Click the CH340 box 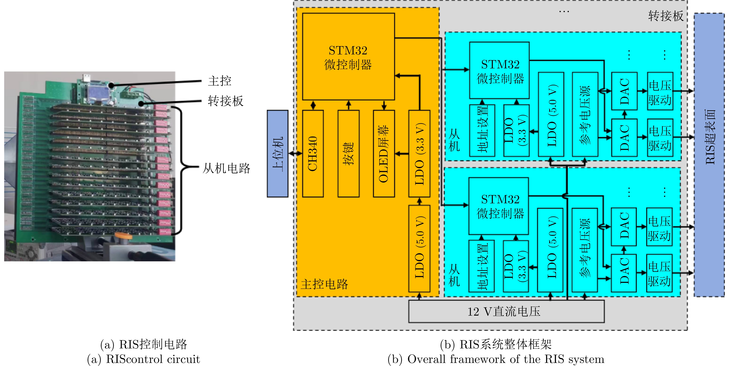pos(313,154)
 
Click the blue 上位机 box pos(278,154)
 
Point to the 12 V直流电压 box pos(506,311)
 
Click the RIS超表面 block pos(709,155)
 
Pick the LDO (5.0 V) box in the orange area pos(419,248)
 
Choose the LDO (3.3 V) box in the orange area pos(419,154)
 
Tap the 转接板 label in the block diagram pos(666,16)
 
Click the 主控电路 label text pos(324,284)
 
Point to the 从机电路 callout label pos(226,168)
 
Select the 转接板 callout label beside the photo pos(226,101)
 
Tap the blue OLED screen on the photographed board pos(98,91)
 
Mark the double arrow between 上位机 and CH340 pos(296,154)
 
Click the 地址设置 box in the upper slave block pos(482,130)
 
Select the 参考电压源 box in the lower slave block pos(585,250)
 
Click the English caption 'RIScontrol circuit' pos(153,359)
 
